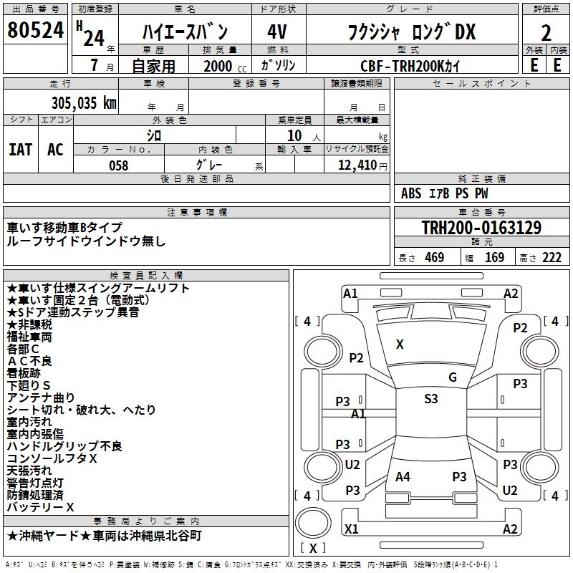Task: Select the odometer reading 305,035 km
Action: [x=84, y=102]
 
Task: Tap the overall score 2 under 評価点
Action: [x=546, y=32]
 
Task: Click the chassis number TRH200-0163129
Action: [x=481, y=228]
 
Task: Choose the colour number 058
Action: [x=118, y=165]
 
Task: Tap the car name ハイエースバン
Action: [x=185, y=32]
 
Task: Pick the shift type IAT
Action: [x=20, y=150]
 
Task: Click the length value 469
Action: [x=434, y=258]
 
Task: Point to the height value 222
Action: [x=552, y=258]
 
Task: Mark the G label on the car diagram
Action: [x=452, y=377]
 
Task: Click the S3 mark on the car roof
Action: [x=430, y=399]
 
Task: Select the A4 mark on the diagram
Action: [x=403, y=477]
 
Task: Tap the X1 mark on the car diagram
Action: [x=351, y=529]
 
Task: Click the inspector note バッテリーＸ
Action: [x=40, y=507]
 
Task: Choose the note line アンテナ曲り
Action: [x=40, y=398]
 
